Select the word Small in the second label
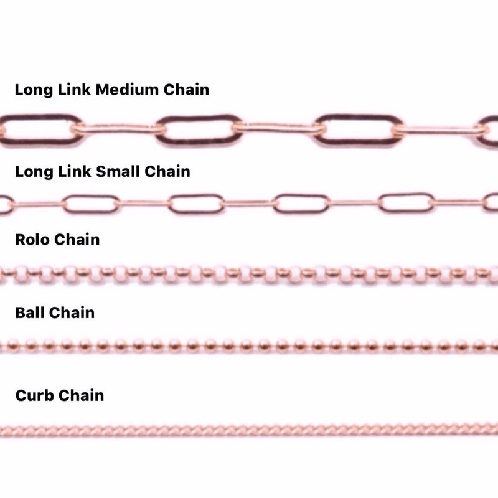[120, 171]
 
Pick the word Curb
[34, 395]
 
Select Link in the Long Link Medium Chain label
[75, 90]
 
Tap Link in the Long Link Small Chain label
[75, 171]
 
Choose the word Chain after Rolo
[77, 239]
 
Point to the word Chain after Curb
[81, 395]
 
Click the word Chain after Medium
[186, 90]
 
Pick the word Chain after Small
[167, 171]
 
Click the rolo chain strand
[249, 273]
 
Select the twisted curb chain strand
[249, 429]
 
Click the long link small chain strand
[249, 203]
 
